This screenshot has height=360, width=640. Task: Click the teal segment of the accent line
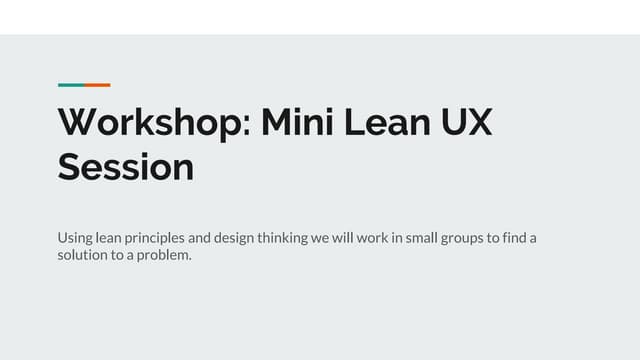click(70, 85)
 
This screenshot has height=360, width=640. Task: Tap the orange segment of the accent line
click(97, 85)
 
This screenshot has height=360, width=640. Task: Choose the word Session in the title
click(126, 167)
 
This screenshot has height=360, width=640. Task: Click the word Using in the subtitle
click(75, 238)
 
